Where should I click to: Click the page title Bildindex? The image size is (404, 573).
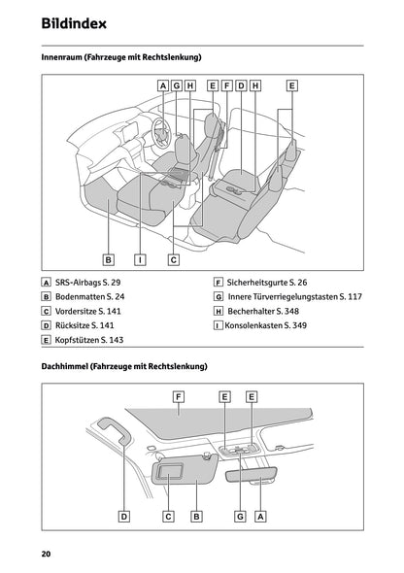click(74, 22)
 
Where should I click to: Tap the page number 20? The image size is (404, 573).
click(46, 554)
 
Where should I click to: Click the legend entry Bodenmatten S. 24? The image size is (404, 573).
click(91, 295)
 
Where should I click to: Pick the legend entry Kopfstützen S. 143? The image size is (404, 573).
click(89, 341)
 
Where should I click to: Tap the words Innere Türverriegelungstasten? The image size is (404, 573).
click(286, 295)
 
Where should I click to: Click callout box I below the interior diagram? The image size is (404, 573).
click(141, 259)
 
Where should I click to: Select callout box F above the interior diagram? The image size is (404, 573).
click(226, 85)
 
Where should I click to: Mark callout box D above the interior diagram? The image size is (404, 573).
click(240, 85)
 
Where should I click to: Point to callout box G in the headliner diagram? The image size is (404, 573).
click(239, 518)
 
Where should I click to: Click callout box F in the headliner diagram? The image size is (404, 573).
click(179, 396)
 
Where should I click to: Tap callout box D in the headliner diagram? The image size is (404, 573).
click(124, 518)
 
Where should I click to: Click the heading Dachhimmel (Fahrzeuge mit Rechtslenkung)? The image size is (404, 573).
click(124, 367)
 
